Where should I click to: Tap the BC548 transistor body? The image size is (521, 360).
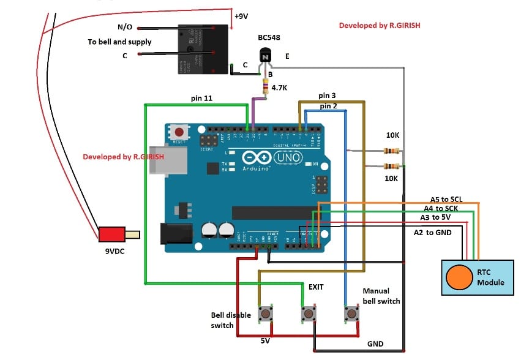click(x=265, y=58)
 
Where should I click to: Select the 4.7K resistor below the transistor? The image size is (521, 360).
click(x=265, y=89)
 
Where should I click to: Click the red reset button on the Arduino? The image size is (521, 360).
click(x=179, y=132)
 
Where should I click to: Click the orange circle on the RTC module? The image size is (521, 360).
click(x=458, y=277)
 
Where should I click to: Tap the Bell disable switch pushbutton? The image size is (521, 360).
click(x=266, y=315)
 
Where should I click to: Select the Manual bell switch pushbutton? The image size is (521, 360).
click(x=351, y=315)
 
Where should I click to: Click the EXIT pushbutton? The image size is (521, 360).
click(x=308, y=315)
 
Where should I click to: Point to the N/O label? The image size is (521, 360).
click(x=125, y=28)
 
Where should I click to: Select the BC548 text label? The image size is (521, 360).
click(x=269, y=37)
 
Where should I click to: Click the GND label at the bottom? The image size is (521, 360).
click(x=375, y=344)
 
